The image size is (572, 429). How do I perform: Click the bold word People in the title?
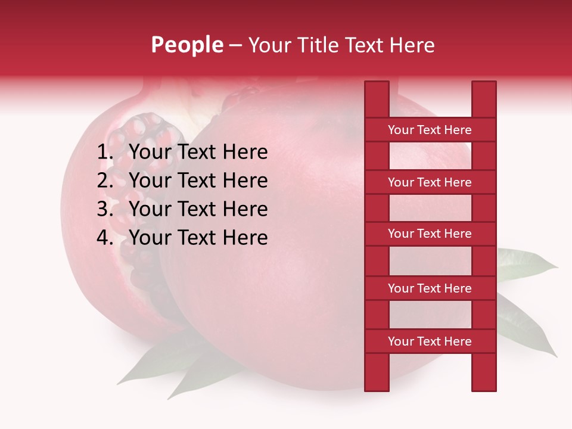click(x=187, y=45)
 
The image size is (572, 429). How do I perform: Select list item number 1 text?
click(x=198, y=153)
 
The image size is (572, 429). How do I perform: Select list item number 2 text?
click(x=198, y=181)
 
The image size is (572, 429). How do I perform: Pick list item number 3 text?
click(x=198, y=209)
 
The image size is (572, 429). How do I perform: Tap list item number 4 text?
click(x=198, y=238)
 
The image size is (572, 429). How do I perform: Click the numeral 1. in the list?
click(x=105, y=153)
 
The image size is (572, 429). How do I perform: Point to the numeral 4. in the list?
click(x=105, y=238)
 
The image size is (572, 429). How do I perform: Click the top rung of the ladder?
click(x=430, y=130)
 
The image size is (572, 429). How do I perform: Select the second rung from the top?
click(x=430, y=182)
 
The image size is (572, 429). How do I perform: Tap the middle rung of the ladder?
click(x=430, y=234)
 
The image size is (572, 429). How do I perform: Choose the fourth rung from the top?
click(x=430, y=288)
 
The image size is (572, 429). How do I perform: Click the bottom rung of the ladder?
click(x=430, y=341)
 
